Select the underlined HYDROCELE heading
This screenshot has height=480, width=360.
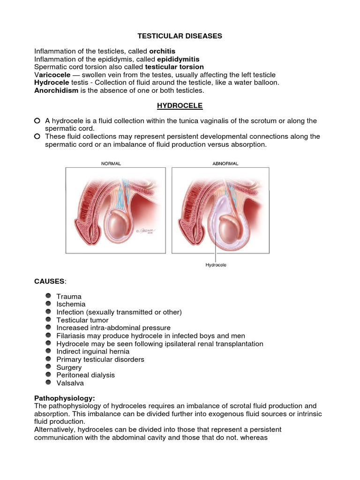coord(180,106)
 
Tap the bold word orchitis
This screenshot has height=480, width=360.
coord(162,51)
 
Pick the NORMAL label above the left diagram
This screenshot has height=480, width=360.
coord(111,164)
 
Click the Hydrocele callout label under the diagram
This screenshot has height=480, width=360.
coord(216,265)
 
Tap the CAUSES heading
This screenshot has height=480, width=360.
coord(50,281)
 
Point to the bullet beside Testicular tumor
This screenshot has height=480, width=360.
coord(49,320)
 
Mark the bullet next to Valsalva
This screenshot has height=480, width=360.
coord(49,382)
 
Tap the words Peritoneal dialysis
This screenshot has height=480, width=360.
coord(85,375)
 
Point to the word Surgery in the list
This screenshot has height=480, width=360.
coord(69,367)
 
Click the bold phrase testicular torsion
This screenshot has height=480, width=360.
coord(175,67)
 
